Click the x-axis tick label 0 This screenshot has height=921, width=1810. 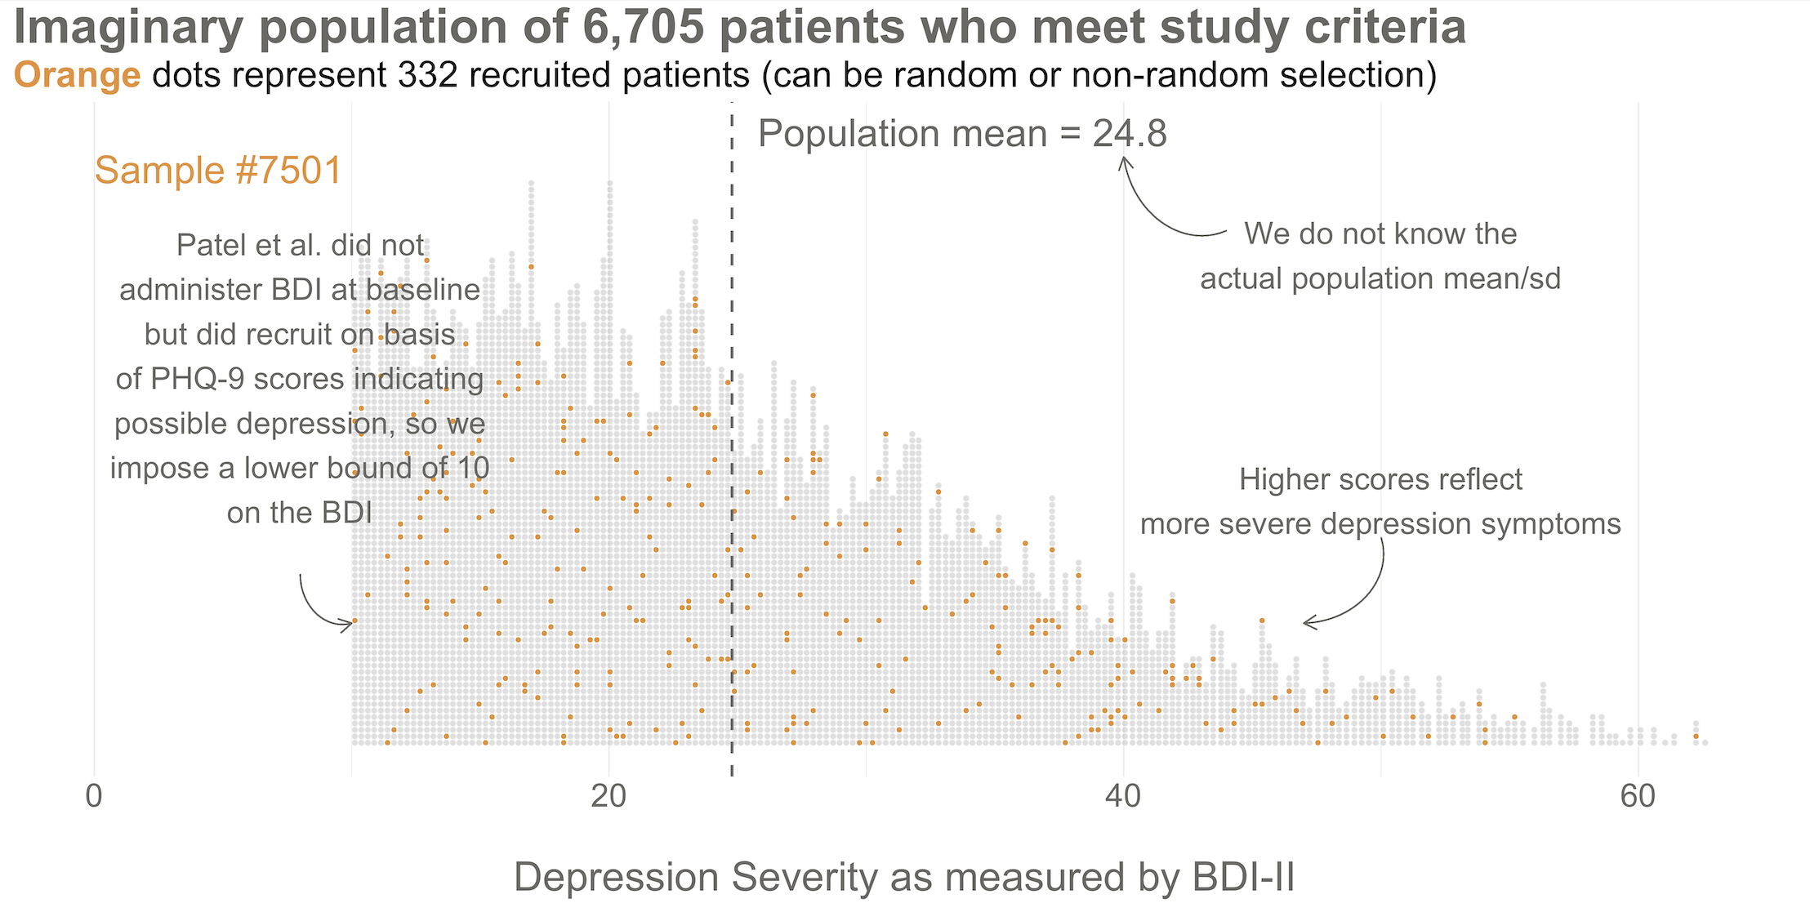pyautogui.click(x=94, y=796)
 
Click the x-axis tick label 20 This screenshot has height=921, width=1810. pyautogui.click(x=609, y=796)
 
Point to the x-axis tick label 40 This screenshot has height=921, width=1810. pyautogui.click(x=1123, y=796)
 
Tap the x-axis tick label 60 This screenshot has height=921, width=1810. pyautogui.click(x=1638, y=796)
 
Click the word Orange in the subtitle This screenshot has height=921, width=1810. pyautogui.click(x=78, y=75)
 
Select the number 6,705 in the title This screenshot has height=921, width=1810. pyautogui.click(x=644, y=27)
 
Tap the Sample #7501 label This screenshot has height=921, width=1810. pyautogui.click(x=217, y=171)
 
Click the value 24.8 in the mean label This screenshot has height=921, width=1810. pyautogui.click(x=1130, y=134)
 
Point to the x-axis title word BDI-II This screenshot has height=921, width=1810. pyautogui.click(x=1243, y=878)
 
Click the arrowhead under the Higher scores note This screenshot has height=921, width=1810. pyautogui.click(x=1308, y=623)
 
